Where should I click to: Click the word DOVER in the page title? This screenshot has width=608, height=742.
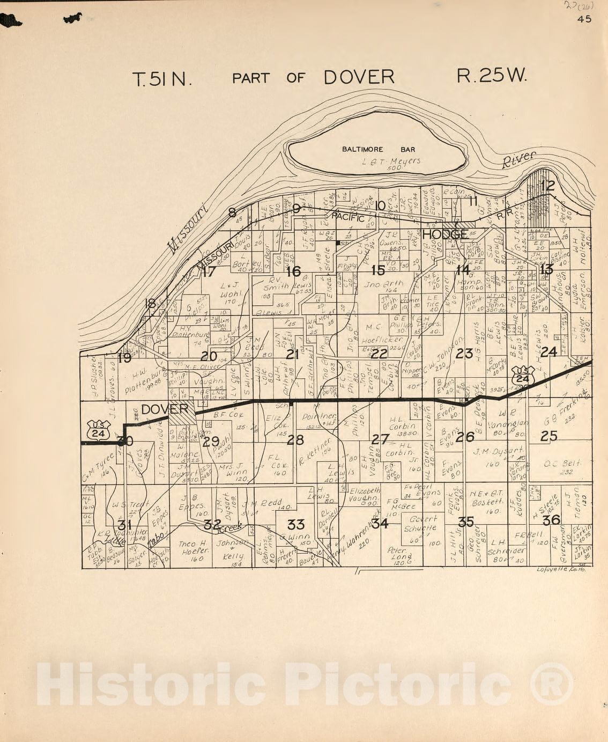coord(359,77)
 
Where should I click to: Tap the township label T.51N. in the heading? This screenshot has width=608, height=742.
coord(162,79)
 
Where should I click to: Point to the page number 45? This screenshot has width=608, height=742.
coord(584,19)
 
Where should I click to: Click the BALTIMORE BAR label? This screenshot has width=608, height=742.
coord(379,150)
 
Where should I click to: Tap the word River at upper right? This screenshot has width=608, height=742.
coord(520,160)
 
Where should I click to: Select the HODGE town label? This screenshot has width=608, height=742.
coord(444,234)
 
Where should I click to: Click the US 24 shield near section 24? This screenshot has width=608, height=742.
coord(523,375)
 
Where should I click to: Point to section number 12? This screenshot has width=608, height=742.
coord(547,186)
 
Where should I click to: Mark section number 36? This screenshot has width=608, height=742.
coord(551,519)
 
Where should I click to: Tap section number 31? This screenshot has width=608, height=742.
coord(124,525)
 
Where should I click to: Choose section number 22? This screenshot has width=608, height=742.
coord(379,354)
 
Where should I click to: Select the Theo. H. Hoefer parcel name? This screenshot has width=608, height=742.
coord(195,551)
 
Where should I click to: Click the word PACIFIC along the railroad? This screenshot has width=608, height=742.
coord(347,216)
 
